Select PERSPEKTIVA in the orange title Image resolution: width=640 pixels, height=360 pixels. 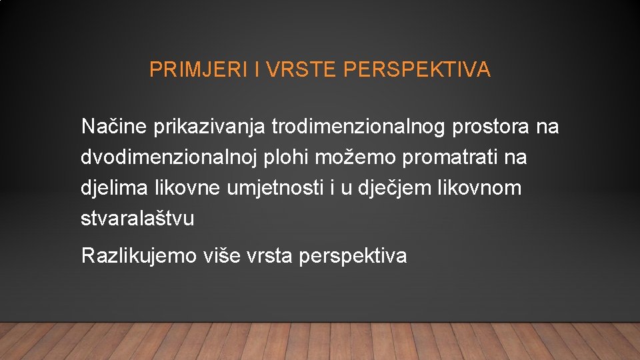click(x=417, y=70)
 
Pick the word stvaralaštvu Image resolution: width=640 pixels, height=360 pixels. click(x=137, y=219)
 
